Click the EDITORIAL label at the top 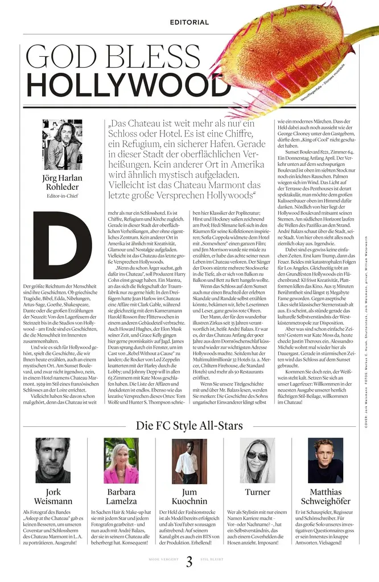(189, 22)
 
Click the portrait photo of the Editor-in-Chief (63, 144)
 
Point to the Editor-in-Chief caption (63, 196)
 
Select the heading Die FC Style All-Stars (189, 425)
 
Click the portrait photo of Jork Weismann (53, 460)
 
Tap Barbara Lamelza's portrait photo (121, 460)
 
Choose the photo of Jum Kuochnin (189, 460)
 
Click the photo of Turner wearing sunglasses (258, 460)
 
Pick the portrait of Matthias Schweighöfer (326, 460)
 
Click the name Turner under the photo (258, 492)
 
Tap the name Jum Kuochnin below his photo (189, 496)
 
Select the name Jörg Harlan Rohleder (63, 182)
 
